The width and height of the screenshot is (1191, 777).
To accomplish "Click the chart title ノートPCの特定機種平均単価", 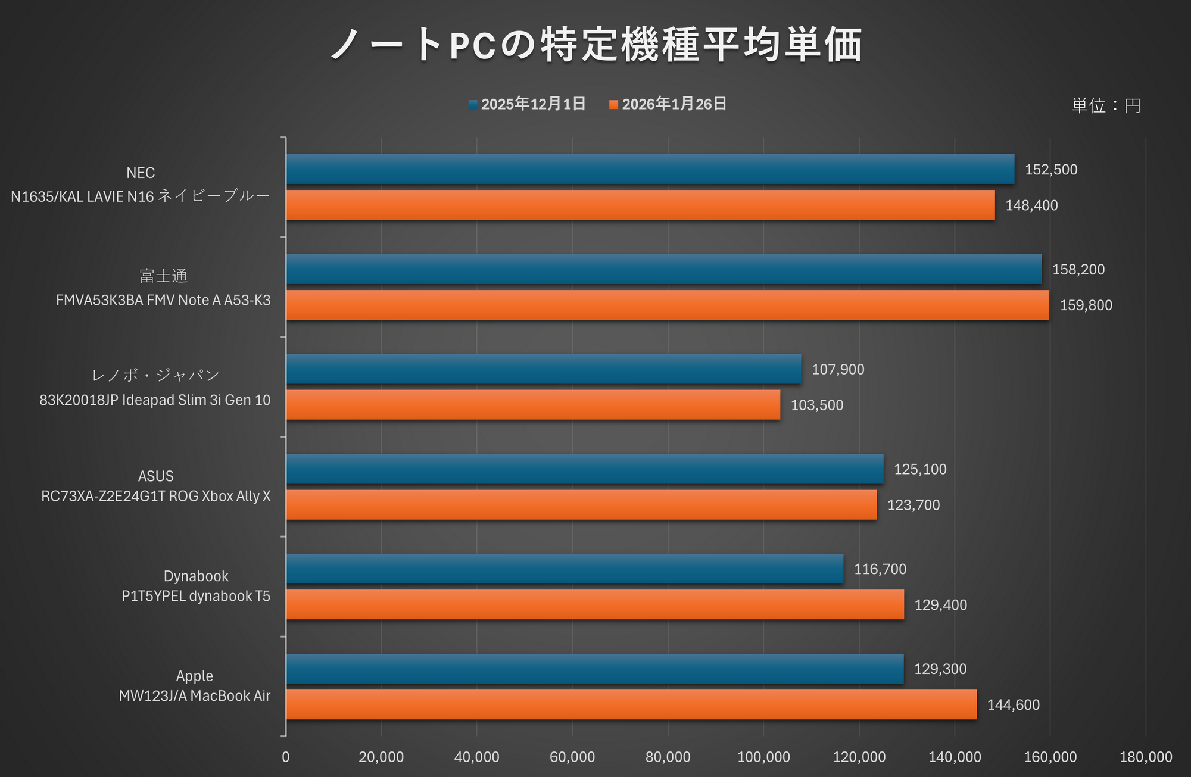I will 595,45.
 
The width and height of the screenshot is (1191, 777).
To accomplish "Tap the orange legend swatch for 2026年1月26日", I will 613,105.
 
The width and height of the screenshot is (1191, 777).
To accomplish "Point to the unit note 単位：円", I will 1106,106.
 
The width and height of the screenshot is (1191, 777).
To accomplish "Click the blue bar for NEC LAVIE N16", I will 649,170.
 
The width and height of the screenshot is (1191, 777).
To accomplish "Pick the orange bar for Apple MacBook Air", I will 631,704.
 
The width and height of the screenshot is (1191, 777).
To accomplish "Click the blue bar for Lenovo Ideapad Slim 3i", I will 543,369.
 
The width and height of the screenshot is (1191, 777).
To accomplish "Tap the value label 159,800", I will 1086,305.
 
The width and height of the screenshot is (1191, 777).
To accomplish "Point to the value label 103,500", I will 816,405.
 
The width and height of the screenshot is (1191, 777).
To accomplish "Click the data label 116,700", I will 880,569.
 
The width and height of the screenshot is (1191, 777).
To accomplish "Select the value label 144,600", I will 1013,705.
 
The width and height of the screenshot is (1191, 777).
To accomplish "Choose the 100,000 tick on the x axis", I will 763,757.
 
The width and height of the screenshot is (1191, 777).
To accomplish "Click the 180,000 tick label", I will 1145,757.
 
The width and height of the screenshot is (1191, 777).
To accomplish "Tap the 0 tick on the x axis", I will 286,757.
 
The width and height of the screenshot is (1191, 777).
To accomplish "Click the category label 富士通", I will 163,276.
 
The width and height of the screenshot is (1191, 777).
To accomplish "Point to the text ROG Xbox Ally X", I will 220,496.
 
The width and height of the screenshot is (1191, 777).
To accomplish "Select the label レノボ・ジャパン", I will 155,376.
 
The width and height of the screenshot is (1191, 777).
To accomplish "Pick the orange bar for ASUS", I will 581,505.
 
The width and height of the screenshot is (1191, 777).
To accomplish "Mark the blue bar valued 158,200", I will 663,270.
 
